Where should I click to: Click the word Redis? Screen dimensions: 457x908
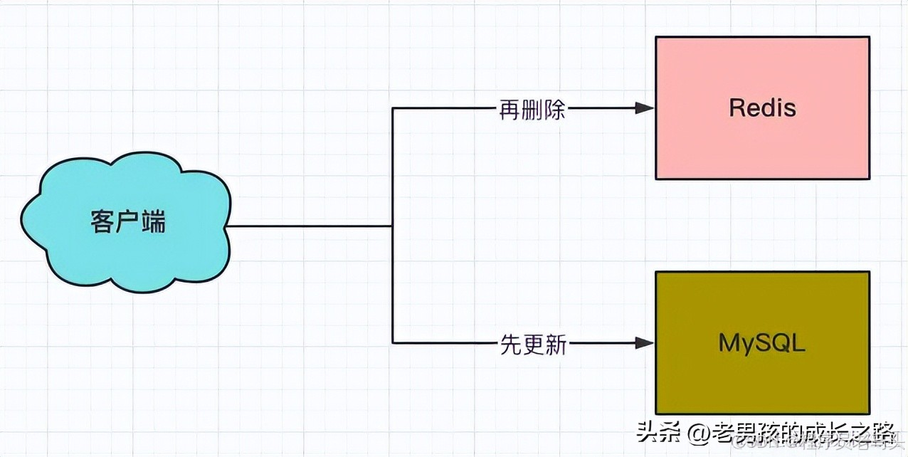click(x=762, y=108)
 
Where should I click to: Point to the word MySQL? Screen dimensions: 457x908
click(x=762, y=343)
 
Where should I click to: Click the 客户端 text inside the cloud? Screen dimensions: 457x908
click(x=128, y=222)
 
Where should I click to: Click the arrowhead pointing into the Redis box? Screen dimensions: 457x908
click(x=645, y=108)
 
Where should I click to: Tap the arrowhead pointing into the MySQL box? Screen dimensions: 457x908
click(x=645, y=343)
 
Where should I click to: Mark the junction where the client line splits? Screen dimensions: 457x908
click(x=393, y=226)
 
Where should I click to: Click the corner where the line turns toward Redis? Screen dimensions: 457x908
click(x=393, y=108)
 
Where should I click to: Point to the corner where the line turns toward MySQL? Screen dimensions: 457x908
click(x=393, y=343)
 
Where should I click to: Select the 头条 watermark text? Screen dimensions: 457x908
click(x=658, y=431)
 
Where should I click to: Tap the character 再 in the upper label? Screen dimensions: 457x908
click(x=510, y=109)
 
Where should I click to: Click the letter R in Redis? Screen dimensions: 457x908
click(x=736, y=108)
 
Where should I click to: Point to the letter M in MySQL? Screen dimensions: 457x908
click(x=728, y=343)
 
